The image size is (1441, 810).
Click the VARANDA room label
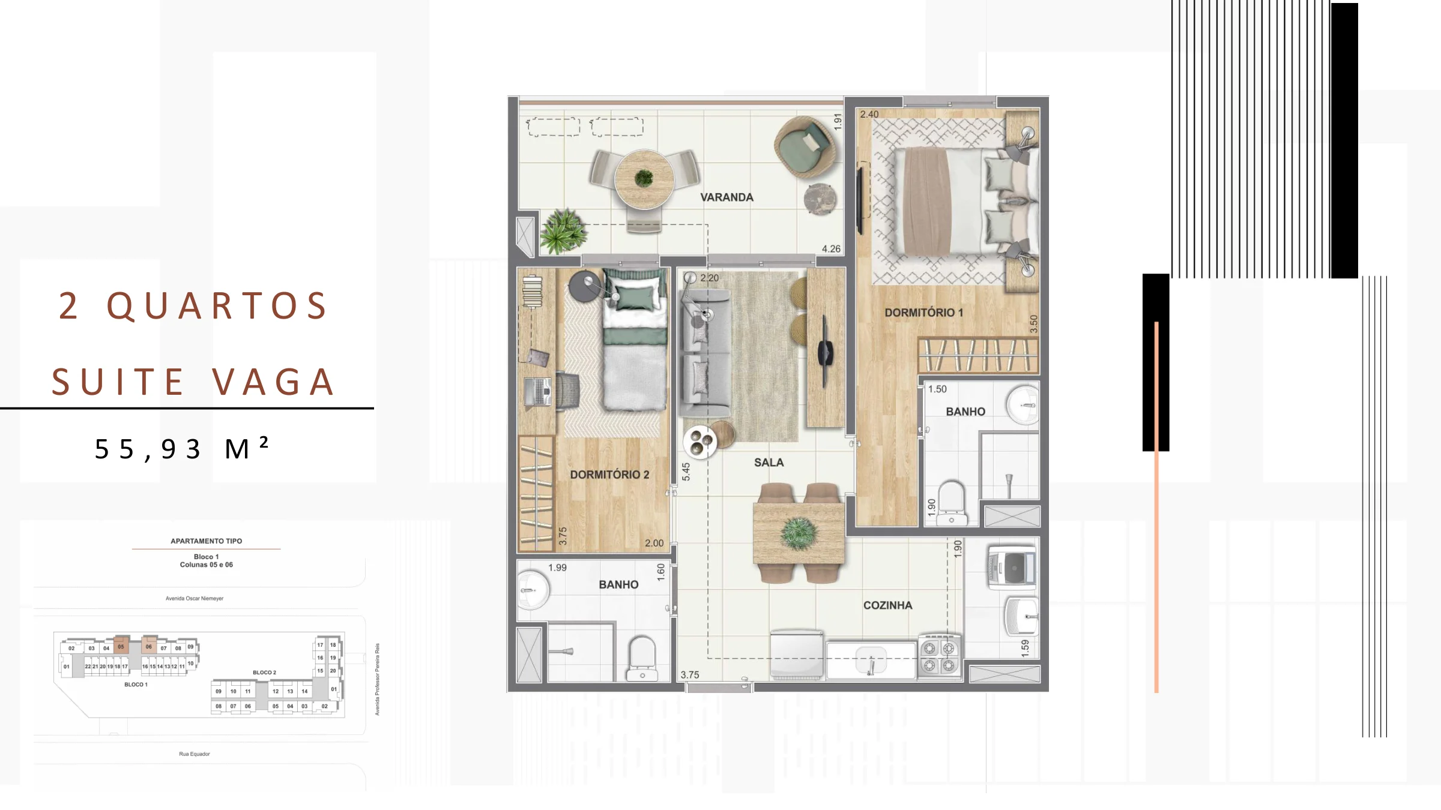coord(727,197)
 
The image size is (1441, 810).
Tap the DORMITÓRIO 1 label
coord(923,313)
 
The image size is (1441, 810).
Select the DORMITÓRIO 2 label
coord(609,475)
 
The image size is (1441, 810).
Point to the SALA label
coord(769,463)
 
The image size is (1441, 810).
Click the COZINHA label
coord(887,605)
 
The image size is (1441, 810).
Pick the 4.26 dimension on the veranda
coord(831,249)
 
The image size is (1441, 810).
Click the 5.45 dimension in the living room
coord(686,472)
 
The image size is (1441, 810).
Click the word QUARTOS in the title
coord(217,305)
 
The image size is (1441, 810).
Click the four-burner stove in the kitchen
coord(940,656)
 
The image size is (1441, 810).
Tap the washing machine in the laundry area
coord(1012,566)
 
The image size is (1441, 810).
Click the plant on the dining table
coord(799,533)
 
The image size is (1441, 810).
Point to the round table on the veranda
coord(644,179)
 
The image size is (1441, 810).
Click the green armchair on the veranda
coord(805,146)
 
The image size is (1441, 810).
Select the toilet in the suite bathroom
coord(952,503)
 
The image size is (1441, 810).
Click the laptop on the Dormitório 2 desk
coord(538,391)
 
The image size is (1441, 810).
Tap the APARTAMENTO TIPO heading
coord(207,541)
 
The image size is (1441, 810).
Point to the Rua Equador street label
coord(195,754)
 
